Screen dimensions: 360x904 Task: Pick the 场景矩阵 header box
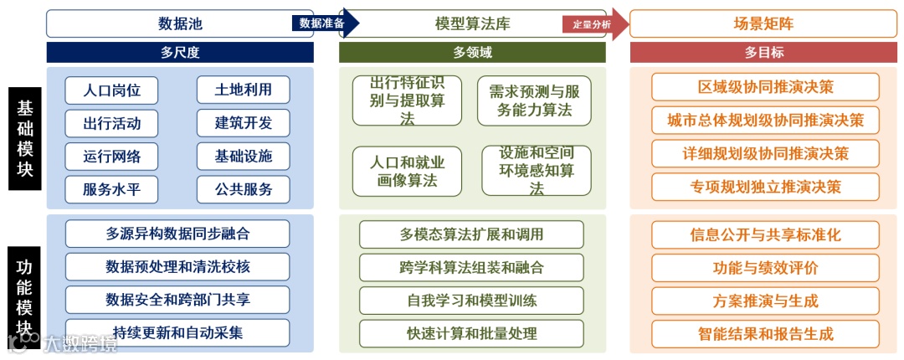click(763, 23)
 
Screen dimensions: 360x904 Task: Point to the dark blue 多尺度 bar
click(180, 53)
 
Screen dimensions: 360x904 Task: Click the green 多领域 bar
click(472, 53)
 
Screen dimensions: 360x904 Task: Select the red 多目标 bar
click(763, 53)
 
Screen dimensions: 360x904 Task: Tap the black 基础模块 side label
click(25, 137)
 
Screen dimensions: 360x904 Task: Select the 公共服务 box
click(244, 189)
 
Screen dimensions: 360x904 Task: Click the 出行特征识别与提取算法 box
click(407, 101)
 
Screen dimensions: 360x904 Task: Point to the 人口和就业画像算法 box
click(407, 171)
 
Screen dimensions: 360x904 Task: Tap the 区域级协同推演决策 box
click(765, 87)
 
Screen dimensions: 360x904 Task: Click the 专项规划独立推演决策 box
click(765, 187)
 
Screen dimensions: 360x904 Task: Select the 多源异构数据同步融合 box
click(177, 234)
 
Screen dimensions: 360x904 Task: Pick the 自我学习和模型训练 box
click(471, 300)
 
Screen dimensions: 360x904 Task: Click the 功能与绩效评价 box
click(765, 268)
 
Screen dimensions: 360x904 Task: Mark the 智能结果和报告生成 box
click(765, 334)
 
